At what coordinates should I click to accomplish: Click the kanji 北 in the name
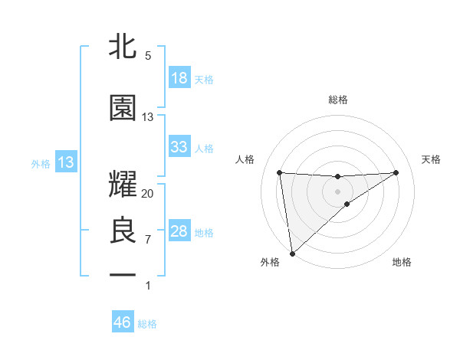point(123,47)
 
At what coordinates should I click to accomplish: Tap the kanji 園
point(123,109)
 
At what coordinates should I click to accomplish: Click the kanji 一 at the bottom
point(123,273)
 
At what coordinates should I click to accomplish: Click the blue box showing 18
point(179,78)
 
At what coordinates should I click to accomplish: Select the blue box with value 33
point(179,147)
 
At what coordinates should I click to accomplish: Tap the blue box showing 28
point(179,231)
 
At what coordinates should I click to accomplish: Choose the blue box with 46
point(123,322)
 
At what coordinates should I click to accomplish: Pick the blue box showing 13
point(66,162)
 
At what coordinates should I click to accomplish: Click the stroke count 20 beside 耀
point(148,193)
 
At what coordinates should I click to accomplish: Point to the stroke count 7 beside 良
point(148,240)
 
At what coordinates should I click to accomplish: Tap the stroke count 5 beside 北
point(148,55)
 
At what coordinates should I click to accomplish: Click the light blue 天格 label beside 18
point(204,79)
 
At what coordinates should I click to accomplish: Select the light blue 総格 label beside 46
point(147,323)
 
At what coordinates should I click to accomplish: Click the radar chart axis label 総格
point(338,100)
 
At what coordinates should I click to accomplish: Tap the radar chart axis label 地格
point(402,263)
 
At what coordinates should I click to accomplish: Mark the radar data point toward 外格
point(292,253)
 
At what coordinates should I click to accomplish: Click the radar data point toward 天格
point(396,172)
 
